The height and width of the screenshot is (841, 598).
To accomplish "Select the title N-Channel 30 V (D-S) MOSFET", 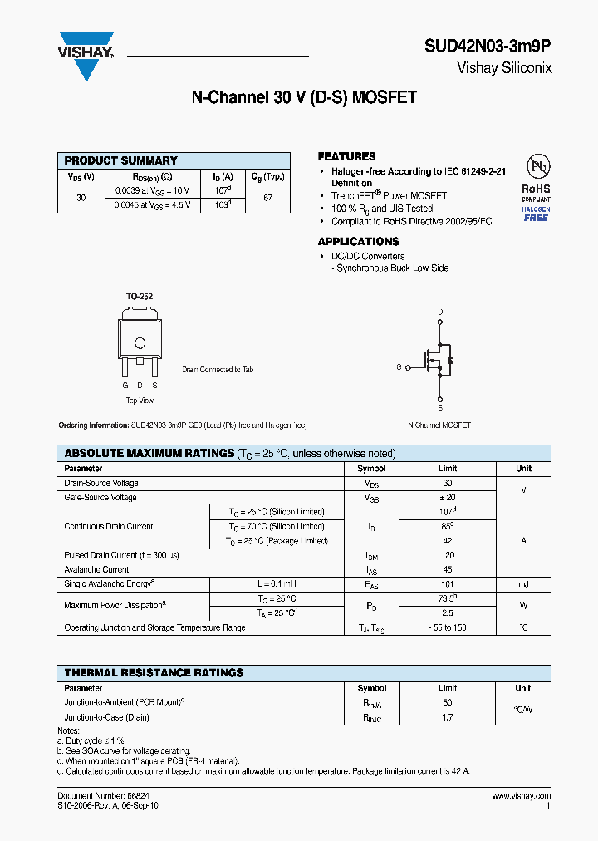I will tap(304, 97).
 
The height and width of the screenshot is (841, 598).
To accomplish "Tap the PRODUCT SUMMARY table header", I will tap(121, 160).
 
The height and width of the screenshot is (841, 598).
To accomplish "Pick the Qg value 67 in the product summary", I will tap(268, 198).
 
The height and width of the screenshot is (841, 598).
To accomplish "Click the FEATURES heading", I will tap(346, 156).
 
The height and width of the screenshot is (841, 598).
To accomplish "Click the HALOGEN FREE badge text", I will tap(536, 214).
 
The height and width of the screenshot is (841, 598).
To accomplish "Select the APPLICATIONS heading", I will tap(358, 242).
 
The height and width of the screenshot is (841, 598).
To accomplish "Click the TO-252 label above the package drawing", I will tap(139, 296).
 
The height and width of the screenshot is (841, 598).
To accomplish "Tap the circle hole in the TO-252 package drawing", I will tap(140, 342).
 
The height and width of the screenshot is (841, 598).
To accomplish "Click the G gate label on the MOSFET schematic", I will tap(398, 366).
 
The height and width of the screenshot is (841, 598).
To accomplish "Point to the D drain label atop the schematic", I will tap(440, 312).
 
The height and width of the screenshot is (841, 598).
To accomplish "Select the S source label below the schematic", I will tap(440, 408).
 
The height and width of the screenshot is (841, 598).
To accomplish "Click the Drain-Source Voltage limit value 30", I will tap(448, 483).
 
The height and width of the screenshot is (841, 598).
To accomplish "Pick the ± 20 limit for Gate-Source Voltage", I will tap(448, 497).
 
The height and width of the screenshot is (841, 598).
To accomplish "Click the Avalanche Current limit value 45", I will tap(448, 569).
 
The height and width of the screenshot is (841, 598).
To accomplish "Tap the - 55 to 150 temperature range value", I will tap(448, 627).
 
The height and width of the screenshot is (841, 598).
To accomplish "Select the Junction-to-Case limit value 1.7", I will tap(448, 716).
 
